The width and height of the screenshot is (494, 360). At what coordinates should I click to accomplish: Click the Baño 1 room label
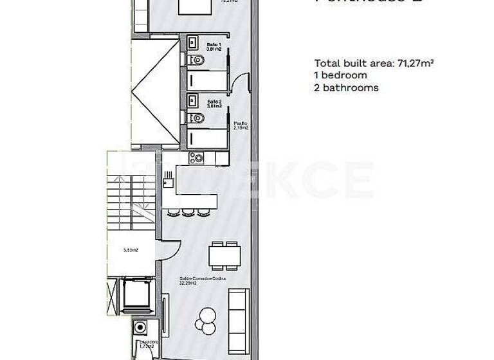214,46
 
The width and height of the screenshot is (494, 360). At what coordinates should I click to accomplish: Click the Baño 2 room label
214,104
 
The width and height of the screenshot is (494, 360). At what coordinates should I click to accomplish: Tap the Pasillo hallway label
241,125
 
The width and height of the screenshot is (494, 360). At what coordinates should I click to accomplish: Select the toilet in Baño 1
198,60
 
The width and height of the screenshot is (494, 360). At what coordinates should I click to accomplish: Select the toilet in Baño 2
198,118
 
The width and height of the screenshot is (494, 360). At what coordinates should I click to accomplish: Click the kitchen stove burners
196,157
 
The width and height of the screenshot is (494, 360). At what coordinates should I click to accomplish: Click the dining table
225,256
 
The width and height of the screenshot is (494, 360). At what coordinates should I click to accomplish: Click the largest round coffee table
208,316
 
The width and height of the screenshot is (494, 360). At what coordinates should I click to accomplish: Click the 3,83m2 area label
131,250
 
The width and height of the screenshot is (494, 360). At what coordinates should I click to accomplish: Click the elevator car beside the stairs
136,295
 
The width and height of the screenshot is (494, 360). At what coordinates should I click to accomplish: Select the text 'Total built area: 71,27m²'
372,63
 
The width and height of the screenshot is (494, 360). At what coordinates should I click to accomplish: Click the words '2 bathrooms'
346,87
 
